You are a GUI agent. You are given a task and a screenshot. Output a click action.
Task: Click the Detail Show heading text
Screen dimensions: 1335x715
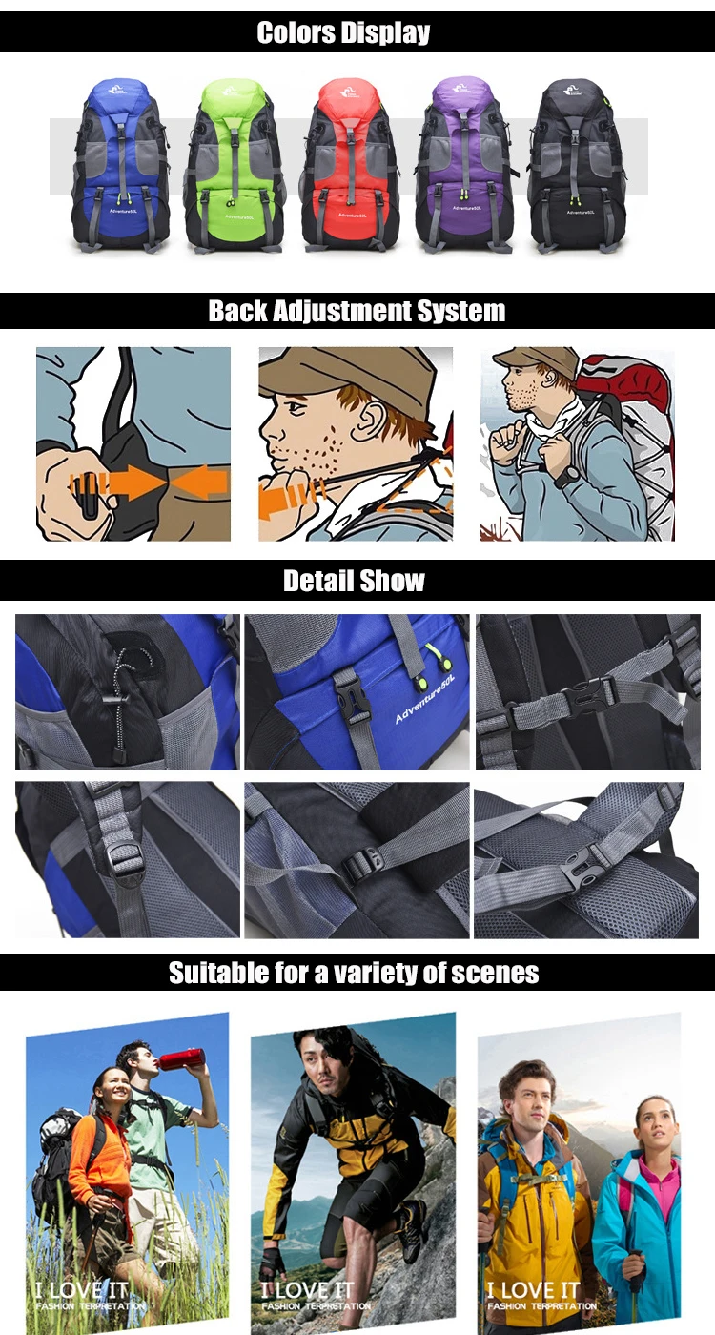click(354, 581)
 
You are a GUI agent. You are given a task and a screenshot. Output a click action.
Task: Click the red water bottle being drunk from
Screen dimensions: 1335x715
click(181, 1058)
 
